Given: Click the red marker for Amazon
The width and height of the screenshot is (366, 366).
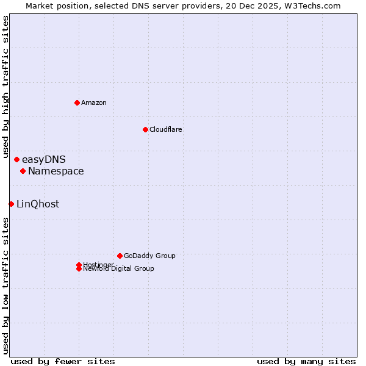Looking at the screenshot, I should (x=77, y=102).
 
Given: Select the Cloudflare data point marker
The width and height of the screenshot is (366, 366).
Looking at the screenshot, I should (x=145, y=129).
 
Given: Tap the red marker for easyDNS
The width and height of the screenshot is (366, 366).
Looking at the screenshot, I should (x=16, y=160).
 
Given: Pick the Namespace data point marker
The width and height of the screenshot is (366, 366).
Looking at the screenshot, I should (x=23, y=171).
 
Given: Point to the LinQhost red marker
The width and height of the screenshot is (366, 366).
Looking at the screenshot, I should (x=11, y=204).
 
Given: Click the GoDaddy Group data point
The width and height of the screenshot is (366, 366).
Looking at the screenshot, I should (x=120, y=256).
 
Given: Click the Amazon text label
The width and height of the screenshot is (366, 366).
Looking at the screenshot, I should (x=93, y=102).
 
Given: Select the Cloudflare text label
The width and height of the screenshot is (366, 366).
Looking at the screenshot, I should (x=165, y=129).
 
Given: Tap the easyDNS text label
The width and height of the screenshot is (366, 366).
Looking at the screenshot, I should (x=43, y=160).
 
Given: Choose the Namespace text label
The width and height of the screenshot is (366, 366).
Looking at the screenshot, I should (x=56, y=171).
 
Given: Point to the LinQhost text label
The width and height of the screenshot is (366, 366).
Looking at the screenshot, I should (x=38, y=204).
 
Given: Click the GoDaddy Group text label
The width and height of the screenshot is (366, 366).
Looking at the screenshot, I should (x=149, y=256).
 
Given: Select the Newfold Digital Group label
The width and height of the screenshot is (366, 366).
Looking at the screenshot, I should (x=118, y=268).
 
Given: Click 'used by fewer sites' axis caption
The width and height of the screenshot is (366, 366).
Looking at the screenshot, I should (x=63, y=361).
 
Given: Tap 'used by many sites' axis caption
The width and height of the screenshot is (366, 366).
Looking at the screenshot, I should (x=306, y=361).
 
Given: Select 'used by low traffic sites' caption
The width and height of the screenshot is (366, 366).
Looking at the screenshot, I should (x=5, y=285).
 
